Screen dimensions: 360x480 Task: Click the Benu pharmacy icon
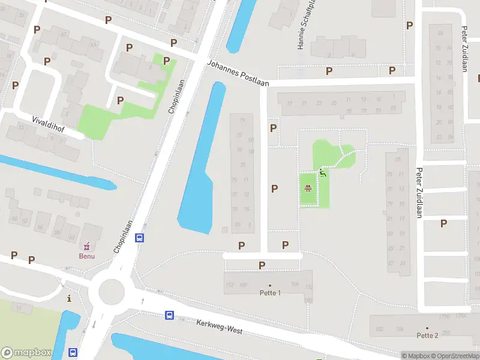(87, 245)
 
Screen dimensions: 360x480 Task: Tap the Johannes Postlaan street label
(238, 72)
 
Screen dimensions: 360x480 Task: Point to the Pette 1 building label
(270, 293)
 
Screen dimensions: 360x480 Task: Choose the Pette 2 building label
(427, 335)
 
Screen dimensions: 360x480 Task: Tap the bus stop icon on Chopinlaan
(140, 238)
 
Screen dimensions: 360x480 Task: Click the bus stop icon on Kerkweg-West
(170, 315)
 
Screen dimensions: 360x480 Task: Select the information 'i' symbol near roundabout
(70, 298)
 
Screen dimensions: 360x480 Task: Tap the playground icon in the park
(323, 174)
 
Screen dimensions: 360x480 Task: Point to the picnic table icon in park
(308, 189)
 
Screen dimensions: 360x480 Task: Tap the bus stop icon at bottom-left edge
(73, 353)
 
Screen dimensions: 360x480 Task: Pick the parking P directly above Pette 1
(262, 265)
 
